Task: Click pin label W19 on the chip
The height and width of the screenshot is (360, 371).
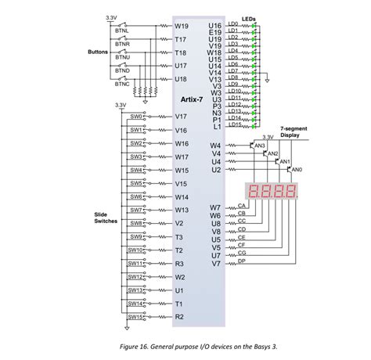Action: click(181, 26)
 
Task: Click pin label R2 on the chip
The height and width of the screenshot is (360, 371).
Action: click(179, 316)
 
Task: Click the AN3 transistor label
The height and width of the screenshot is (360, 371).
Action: click(260, 146)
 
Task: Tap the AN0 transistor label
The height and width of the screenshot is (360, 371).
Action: click(297, 170)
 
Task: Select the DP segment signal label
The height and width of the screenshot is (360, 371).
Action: click(242, 260)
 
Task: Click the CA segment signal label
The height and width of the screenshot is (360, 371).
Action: click(242, 205)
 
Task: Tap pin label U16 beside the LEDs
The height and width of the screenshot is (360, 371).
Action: click(215, 26)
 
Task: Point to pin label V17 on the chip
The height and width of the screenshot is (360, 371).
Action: click(181, 117)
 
